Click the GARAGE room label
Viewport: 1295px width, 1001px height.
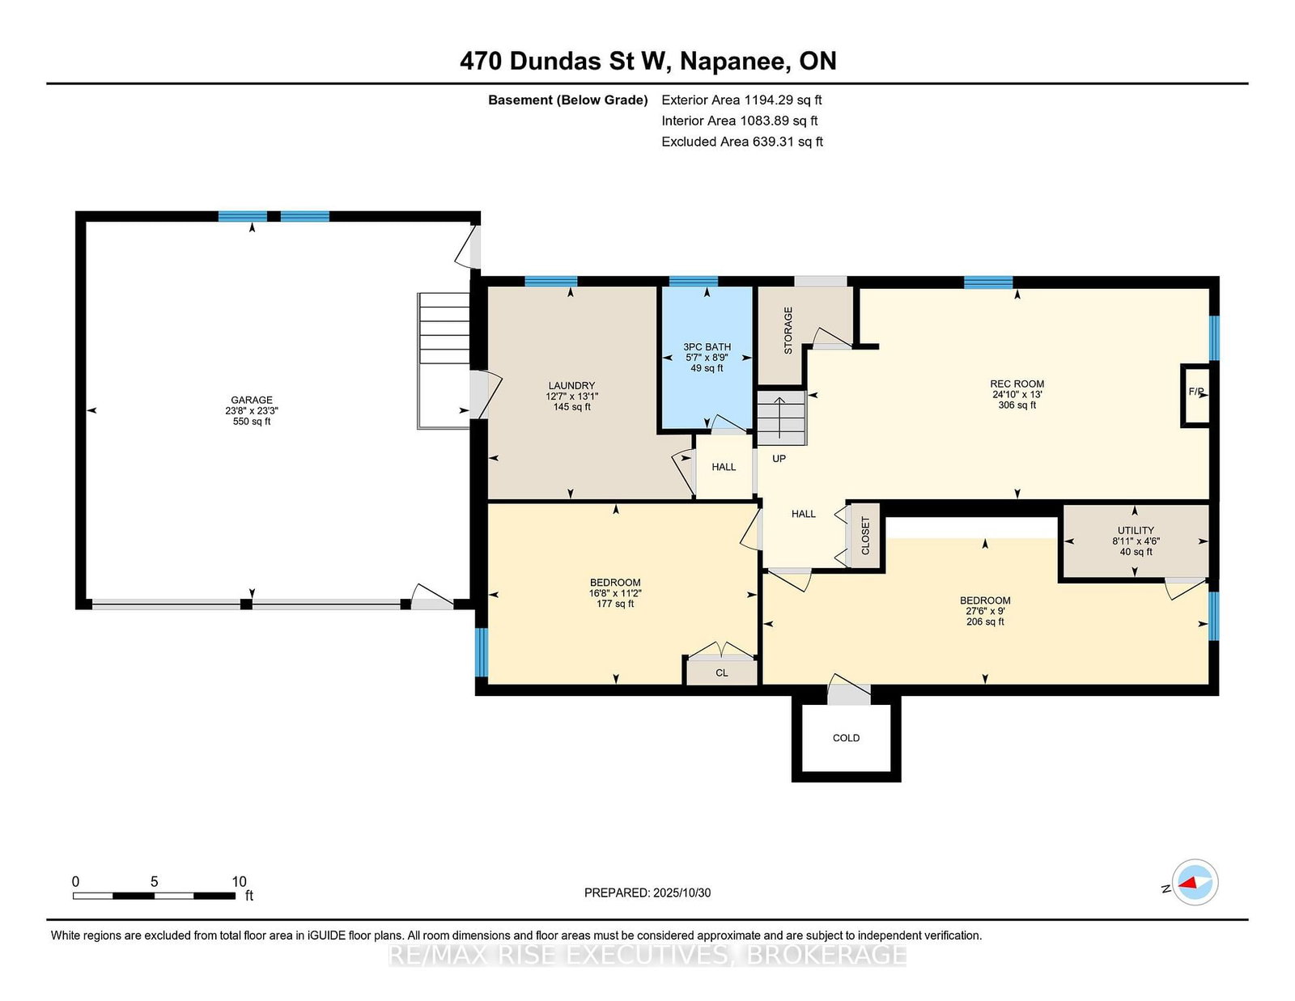point(252,400)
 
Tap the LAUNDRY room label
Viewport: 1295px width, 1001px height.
point(571,385)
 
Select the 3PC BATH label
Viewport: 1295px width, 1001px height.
point(707,347)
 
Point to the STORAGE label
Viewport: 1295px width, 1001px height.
point(788,331)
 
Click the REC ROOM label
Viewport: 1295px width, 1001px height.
point(1017,384)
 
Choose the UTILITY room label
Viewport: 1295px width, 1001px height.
point(1136,530)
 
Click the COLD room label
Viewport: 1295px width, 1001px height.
point(846,738)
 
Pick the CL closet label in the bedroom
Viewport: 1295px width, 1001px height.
point(721,672)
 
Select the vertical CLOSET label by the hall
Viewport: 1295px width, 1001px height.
point(865,535)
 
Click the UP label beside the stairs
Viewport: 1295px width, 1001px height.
point(779,458)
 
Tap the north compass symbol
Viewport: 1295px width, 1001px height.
point(1195,882)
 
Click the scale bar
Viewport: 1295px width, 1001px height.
point(154,895)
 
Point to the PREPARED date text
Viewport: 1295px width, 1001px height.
point(647,893)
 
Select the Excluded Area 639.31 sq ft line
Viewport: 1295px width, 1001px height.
point(742,142)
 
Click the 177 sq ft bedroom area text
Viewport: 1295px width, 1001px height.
point(615,604)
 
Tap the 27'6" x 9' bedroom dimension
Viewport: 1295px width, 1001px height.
point(984,611)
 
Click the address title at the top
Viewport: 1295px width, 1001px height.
point(647,61)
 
